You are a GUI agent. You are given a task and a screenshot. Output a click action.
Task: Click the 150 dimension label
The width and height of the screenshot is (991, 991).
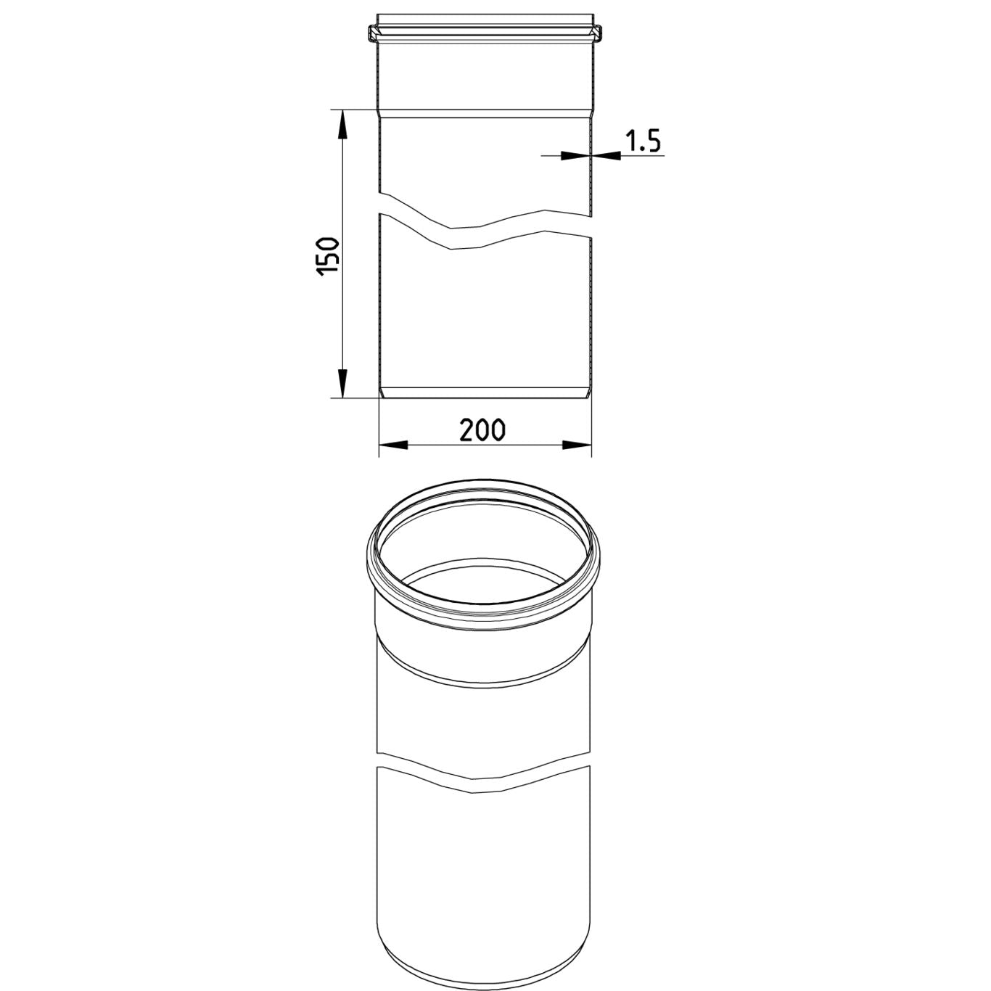(x=328, y=257)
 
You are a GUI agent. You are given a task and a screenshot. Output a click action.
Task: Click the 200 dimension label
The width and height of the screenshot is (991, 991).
(x=482, y=430)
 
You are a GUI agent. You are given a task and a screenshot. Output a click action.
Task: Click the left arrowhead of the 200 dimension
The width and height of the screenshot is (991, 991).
(x=393, y=445)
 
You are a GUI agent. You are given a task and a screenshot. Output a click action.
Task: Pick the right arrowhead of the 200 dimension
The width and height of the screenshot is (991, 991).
(x=577, y=445)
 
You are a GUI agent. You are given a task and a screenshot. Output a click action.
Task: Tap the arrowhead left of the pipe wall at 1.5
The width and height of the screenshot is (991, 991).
(x=575, y=155)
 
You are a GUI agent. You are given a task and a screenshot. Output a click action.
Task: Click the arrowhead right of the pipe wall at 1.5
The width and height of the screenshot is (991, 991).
(x=606, y=155)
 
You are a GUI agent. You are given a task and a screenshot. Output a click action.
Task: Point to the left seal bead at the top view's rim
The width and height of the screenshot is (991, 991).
(x=372, y=34)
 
